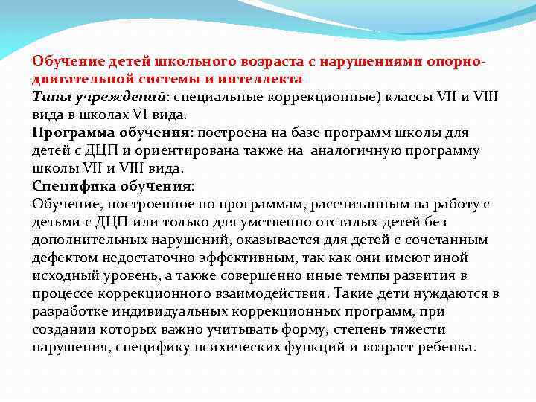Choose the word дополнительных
(82, 240)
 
